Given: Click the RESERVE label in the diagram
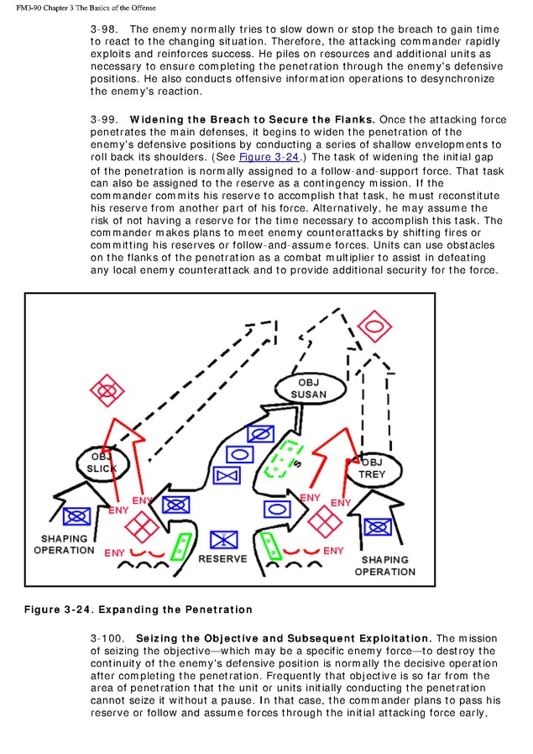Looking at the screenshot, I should [222, 558].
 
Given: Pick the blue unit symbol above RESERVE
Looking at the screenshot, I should [223, 538].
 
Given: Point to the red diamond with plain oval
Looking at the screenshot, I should [374, 325].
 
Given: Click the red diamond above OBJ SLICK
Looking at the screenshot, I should [107, 390].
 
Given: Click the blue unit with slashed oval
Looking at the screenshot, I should [260, 434].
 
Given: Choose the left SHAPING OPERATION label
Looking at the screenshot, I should [64, 544].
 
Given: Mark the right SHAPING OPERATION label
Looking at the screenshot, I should [384, 565].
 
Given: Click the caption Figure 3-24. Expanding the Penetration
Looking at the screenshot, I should [138, 609].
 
